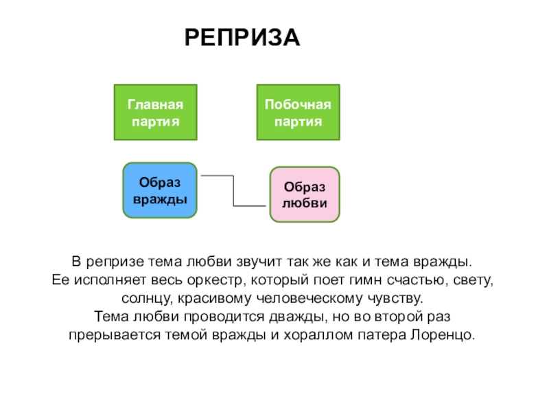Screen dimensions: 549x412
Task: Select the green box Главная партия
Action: (x=155, y=113)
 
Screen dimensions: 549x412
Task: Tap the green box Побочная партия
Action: (x=298, y=113)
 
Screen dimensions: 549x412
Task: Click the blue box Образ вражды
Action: (x=160, y=190)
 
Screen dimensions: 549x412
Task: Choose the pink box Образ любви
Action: (x=304, y=194)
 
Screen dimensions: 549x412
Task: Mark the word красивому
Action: (x=209, y=299)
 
